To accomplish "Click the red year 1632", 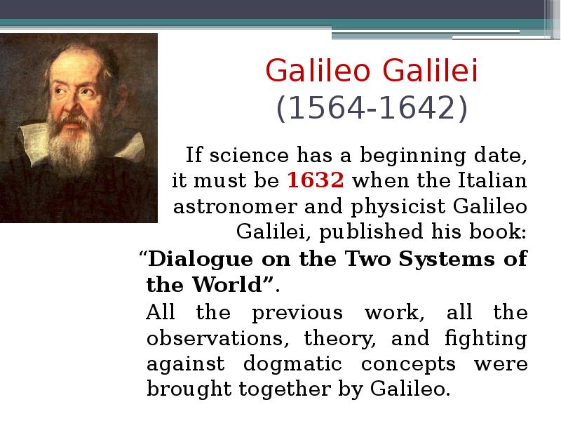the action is [315, 180].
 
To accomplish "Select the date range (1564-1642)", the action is [372, 108].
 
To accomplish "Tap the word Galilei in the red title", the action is [430, 70].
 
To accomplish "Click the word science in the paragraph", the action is [249, 155].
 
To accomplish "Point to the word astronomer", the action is [235, 207].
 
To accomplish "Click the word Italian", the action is [492, 180].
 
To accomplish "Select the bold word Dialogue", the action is [201, 259].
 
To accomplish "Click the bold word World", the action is [228, 285].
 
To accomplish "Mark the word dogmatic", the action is [292, 364].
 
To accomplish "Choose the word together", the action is [285, 389].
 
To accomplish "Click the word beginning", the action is [412, 156].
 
